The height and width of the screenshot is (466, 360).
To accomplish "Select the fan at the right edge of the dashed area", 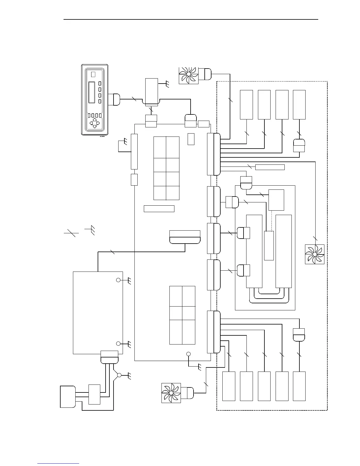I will [x=314, y=254].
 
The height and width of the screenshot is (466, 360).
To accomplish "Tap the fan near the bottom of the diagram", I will [x=171, y=393].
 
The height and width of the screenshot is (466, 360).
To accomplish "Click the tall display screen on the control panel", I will [x=92, y=92].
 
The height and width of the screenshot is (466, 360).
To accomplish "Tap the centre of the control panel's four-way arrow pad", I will [x=94, y=123].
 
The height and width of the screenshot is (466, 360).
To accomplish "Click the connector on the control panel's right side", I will [x=114, y=99].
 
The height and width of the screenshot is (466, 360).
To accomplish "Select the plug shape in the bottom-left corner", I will [x=67, y=397].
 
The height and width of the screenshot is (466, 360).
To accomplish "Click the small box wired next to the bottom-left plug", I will [x=94, y=394].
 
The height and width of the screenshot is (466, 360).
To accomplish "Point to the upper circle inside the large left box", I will [x=118, y=280].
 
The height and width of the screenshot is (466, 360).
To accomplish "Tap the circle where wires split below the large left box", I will [x=119, y=375].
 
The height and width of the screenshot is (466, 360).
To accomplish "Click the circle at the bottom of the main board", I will [x=189, y=354].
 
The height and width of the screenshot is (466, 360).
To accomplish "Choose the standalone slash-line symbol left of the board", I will [x=71, y=233].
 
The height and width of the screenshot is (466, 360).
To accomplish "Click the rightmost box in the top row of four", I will [x=299, y=104].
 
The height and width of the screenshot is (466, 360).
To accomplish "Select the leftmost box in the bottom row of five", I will [x=229, y=386].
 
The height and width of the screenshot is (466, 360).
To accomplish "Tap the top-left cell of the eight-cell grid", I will [x=160, y=147].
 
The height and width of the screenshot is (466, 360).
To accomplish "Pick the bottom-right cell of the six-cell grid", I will [x=189, y=332].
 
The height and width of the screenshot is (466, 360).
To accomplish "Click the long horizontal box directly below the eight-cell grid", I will [x=159, y=209].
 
